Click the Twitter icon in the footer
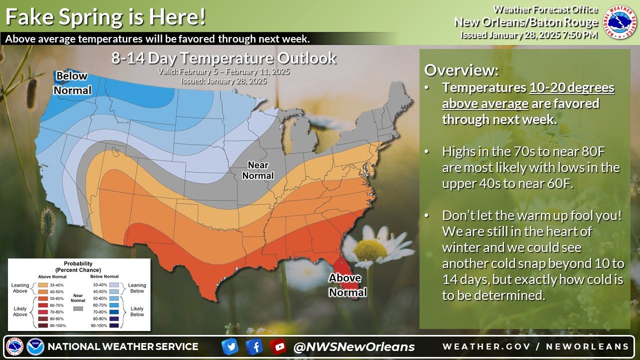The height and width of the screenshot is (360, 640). tap(229, 346)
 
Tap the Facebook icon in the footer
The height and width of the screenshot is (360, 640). tap(254, 346)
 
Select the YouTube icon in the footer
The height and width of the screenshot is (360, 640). tap(278, 346)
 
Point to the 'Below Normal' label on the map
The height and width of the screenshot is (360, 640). tap(72, 83)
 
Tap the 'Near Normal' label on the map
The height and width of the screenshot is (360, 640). tap(258, 170)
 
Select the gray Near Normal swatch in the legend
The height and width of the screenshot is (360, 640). tap(78, 308)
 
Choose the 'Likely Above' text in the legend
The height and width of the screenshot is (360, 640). tap(20, 311)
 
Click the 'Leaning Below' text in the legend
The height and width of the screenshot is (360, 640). tap(137, 288)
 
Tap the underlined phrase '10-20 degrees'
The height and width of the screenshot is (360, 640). tap(571, 88)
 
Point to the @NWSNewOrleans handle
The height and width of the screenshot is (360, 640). tap(354, 346)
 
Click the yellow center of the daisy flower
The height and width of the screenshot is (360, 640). tap(370, 250)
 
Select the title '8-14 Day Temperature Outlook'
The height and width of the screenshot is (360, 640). tap(223, 58)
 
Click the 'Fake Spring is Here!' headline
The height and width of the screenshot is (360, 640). tap(105, 17)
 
